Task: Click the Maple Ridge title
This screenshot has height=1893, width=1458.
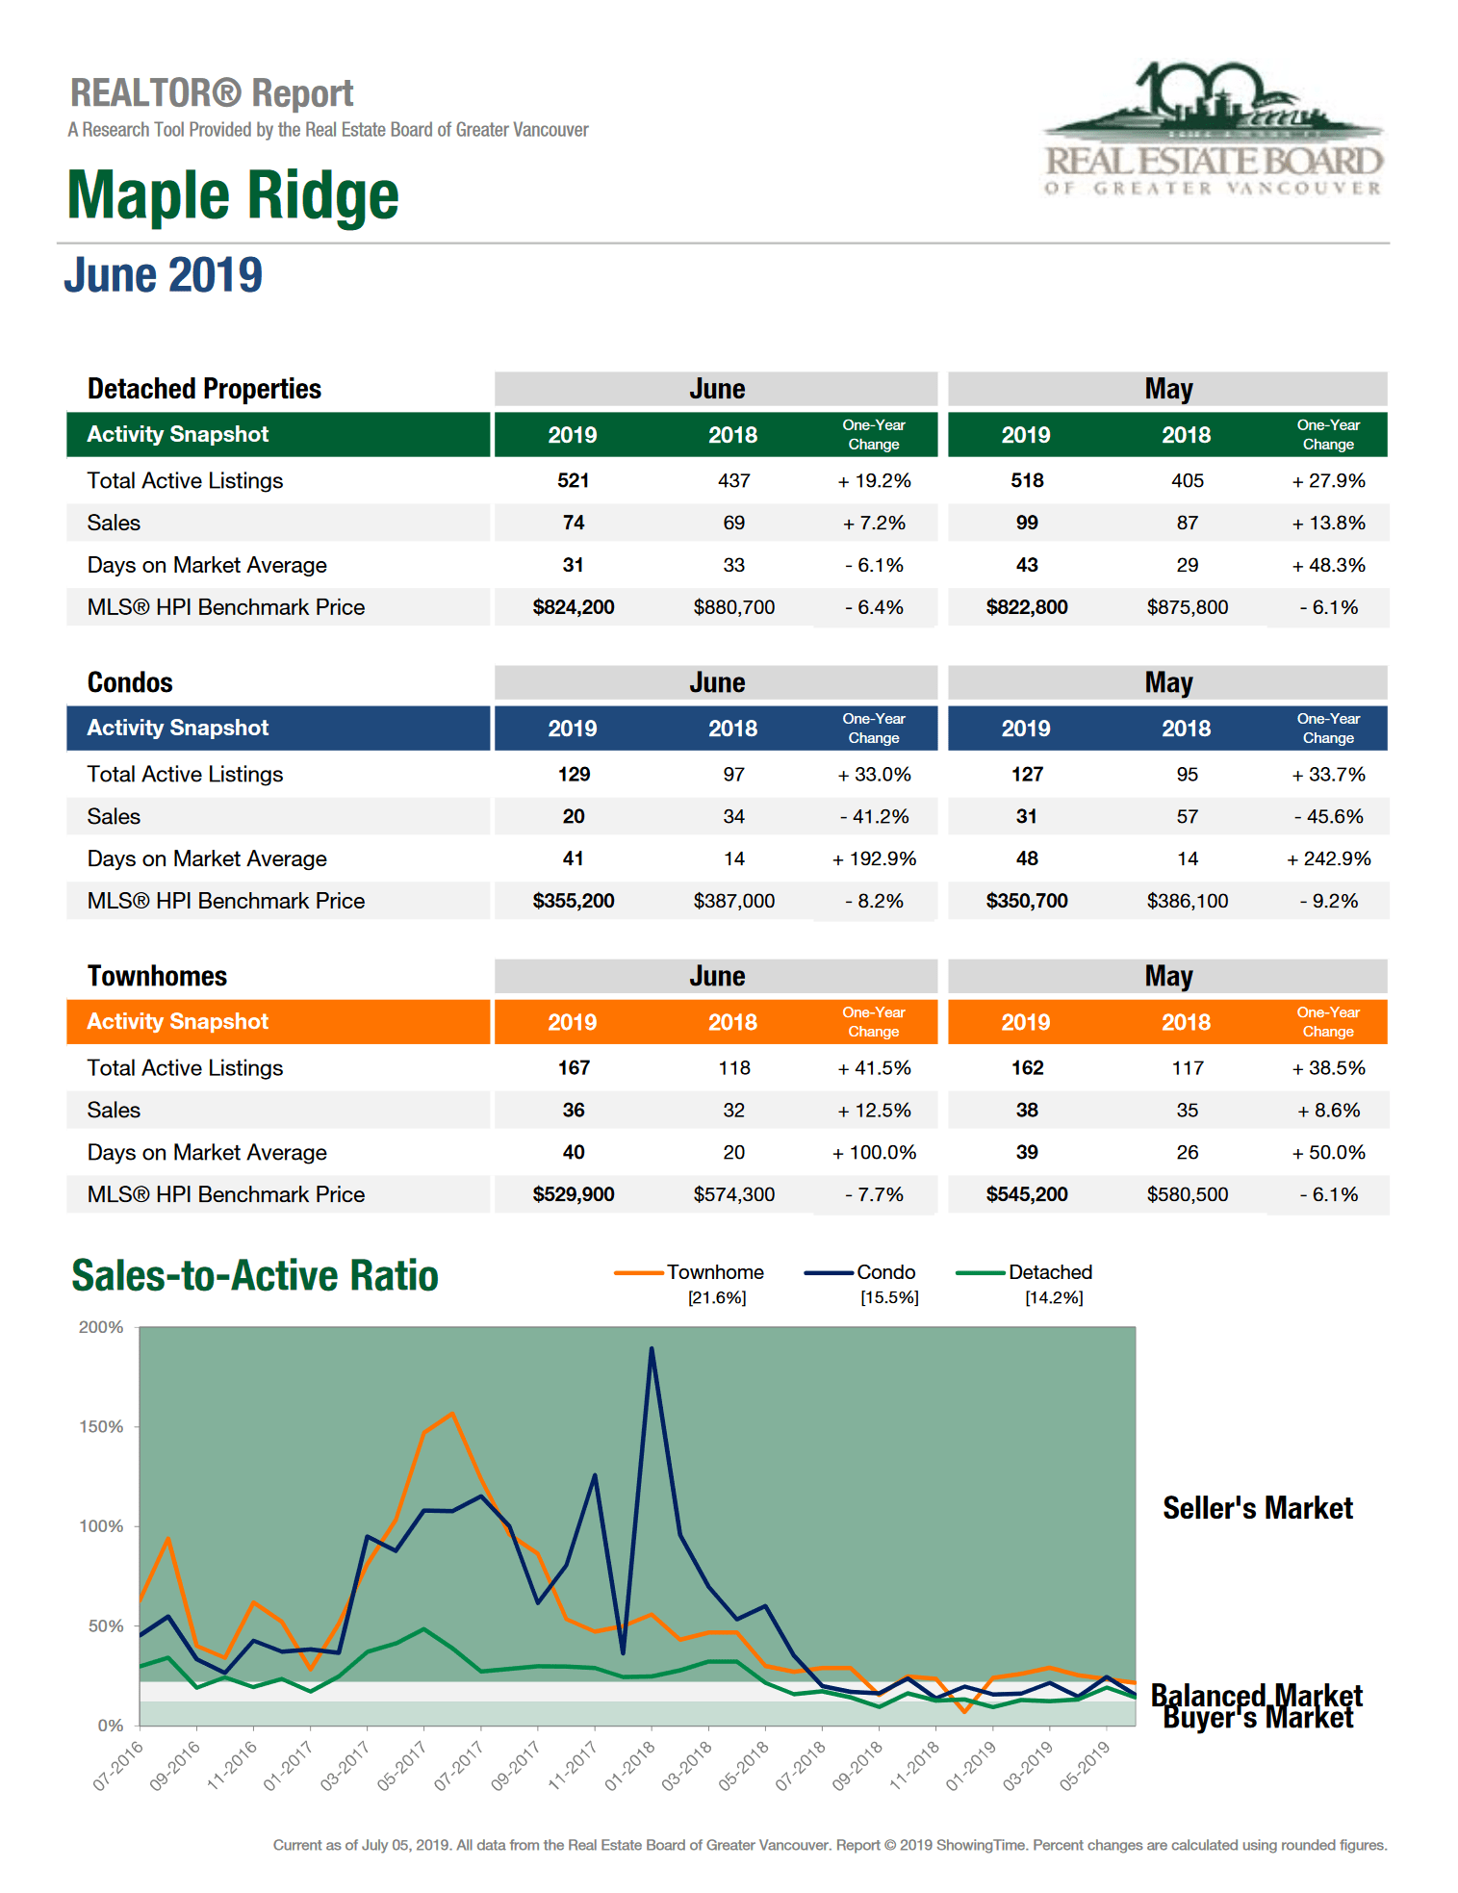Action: [x=232, y=195]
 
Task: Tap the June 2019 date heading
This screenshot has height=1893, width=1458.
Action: [x=163, y=275]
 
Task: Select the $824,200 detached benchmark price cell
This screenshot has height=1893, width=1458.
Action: [x=573, y=607]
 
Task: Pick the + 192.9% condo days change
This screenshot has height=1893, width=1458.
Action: [x=874, y=858]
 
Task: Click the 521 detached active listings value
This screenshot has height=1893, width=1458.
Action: [x=573, y=480]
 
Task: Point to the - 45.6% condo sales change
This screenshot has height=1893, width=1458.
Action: [x=1328, y=816]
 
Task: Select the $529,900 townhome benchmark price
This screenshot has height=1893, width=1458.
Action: [x=573, y=1194]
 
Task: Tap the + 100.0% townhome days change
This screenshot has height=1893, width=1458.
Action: [x=874, y=1152]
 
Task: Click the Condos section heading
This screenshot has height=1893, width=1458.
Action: [x=130, y=682]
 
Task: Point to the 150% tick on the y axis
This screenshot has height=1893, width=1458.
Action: [x=101, y=1426]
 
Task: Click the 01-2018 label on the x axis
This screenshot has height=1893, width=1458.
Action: [x=630, y=1766]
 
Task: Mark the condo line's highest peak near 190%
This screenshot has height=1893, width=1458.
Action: [x=652, y=1348]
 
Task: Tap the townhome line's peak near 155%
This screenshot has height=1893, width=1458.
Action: [x=452, y=1414]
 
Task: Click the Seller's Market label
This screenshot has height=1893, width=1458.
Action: [x=1257, y=1508]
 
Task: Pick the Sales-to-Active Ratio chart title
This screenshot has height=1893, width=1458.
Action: [x=255, y=1275]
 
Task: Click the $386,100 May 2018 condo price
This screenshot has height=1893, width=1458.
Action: [x=1187, y=901]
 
